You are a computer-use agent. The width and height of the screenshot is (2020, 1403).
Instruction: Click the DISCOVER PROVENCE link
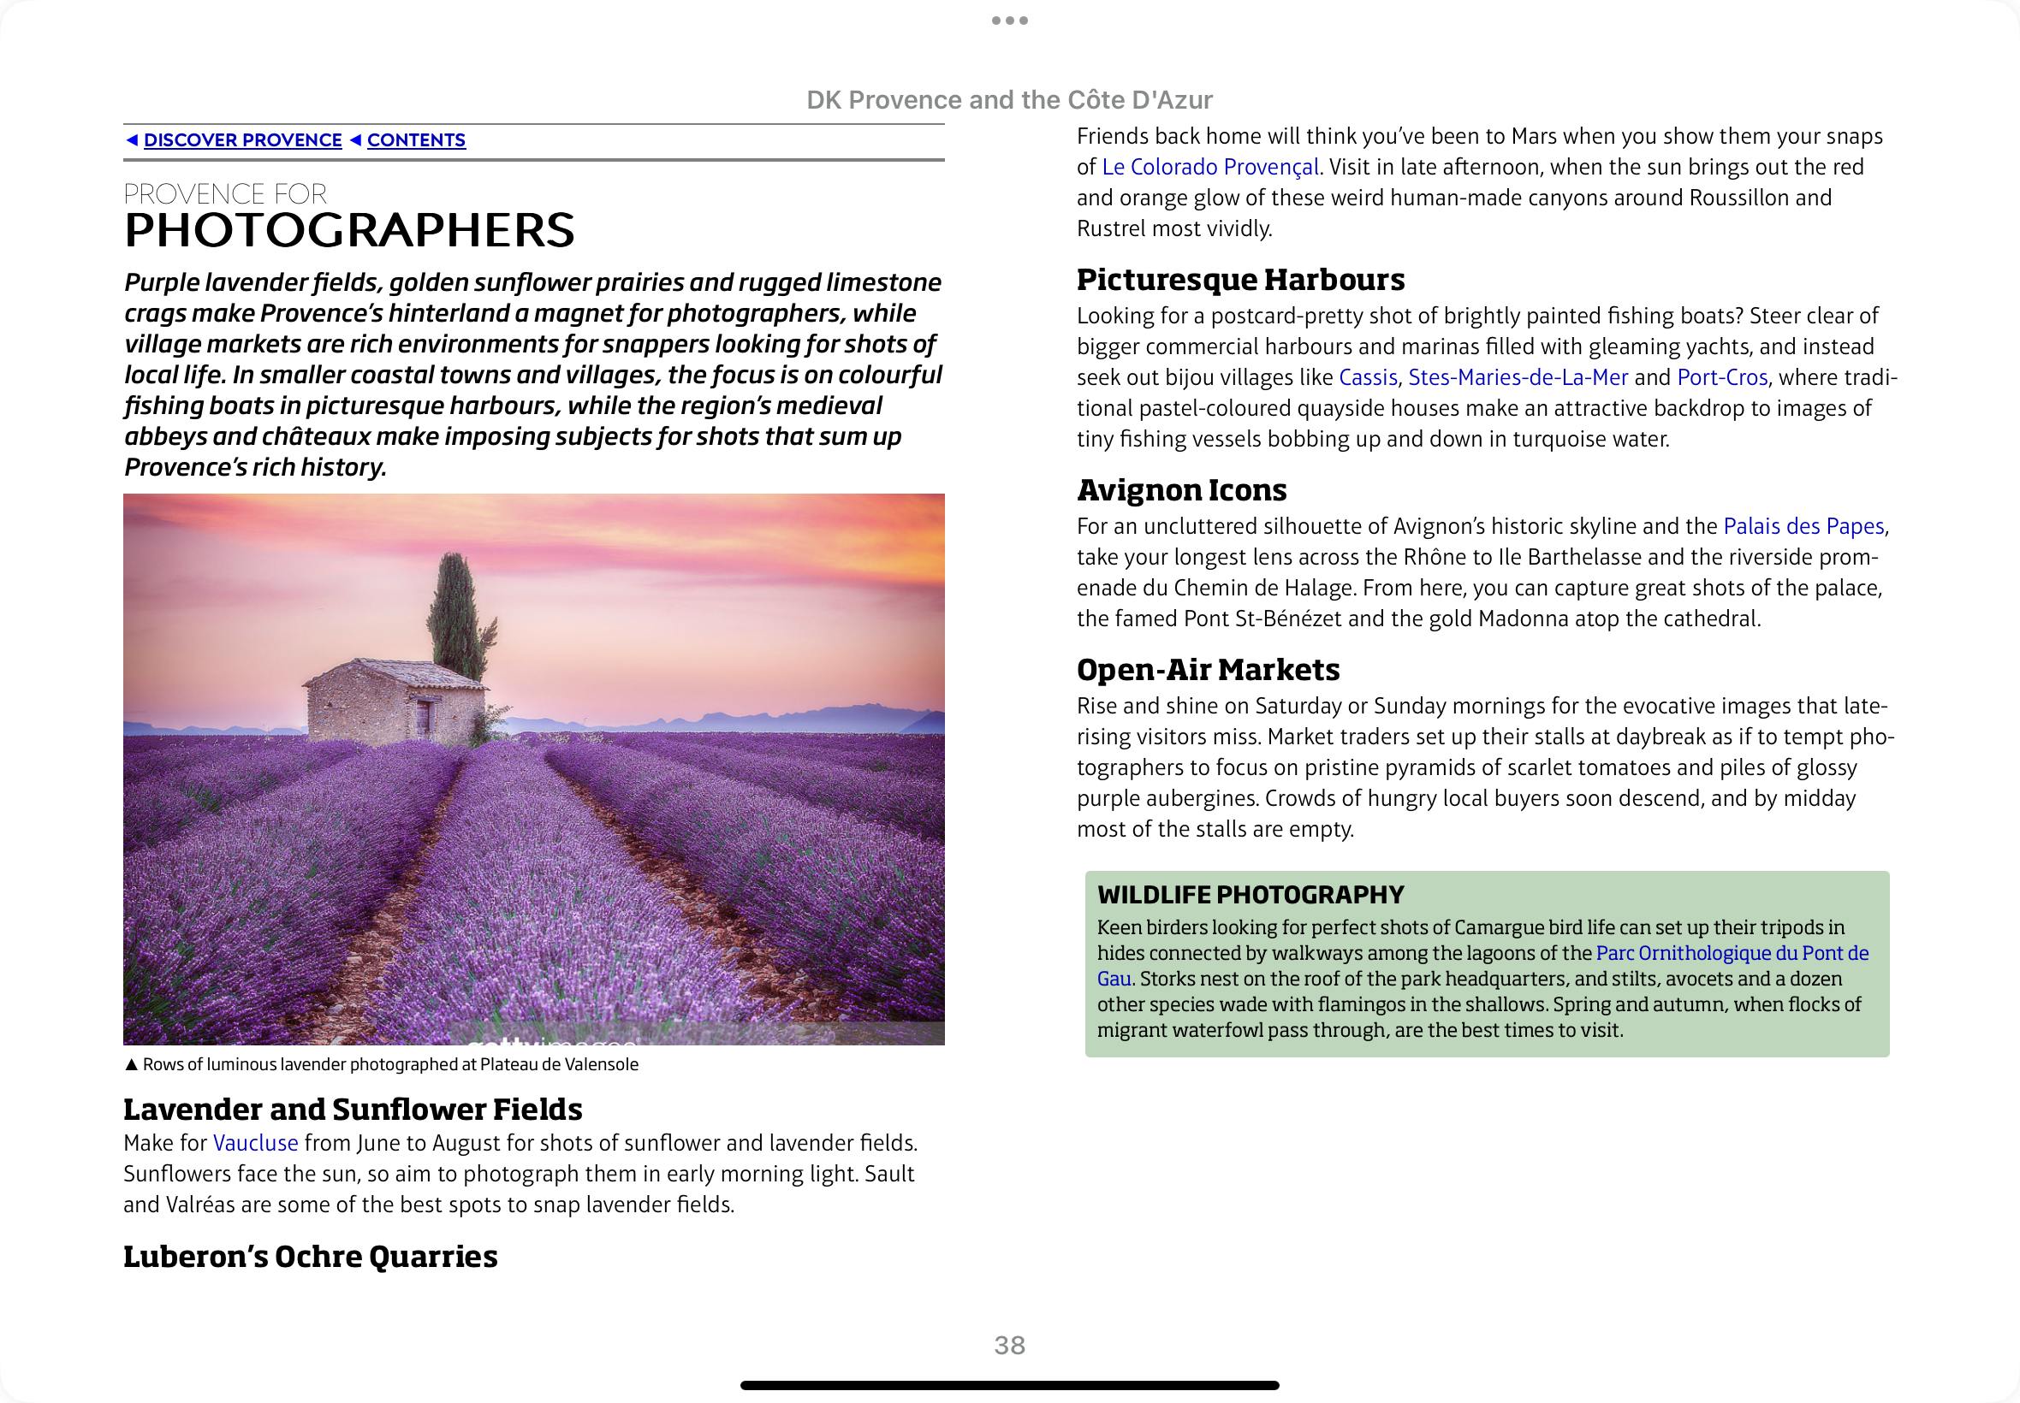(242, 140)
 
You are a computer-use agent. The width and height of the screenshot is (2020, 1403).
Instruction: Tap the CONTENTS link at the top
(416, 140)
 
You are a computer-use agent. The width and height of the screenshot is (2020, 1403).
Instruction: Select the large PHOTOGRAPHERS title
(349, 230)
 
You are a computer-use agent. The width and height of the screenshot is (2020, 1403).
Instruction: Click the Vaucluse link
(255, 1143)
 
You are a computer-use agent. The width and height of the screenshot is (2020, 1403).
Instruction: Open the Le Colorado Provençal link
(1210, 167)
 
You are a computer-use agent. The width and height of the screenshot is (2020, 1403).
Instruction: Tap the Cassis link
(1368, 377)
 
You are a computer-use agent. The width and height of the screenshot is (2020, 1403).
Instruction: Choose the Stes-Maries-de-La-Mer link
(1518, 377)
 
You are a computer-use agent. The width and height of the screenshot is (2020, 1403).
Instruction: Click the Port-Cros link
(1722, 377)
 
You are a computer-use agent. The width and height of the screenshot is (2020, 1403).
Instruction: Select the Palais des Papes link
(1803, 525)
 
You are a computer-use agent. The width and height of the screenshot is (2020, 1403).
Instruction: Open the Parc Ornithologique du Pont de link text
(1732, 953)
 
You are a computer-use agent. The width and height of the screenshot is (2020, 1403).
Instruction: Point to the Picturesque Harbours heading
(1240, 280)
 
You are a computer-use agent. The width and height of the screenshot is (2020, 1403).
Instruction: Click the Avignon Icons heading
(1181, 489)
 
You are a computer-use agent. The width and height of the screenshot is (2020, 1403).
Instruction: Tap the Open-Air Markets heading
(1208, 670)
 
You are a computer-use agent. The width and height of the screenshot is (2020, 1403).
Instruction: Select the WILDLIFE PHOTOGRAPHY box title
(1251, 895)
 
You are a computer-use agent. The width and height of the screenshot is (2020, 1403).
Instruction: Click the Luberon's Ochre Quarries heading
(310, 1256)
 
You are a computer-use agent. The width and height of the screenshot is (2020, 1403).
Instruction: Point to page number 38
(1009, 1345)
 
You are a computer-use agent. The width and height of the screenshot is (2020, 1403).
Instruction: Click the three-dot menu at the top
(1009, 21)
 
